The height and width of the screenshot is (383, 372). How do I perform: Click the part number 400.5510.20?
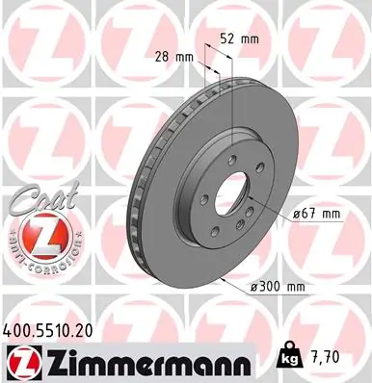click(x=49, y=327)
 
